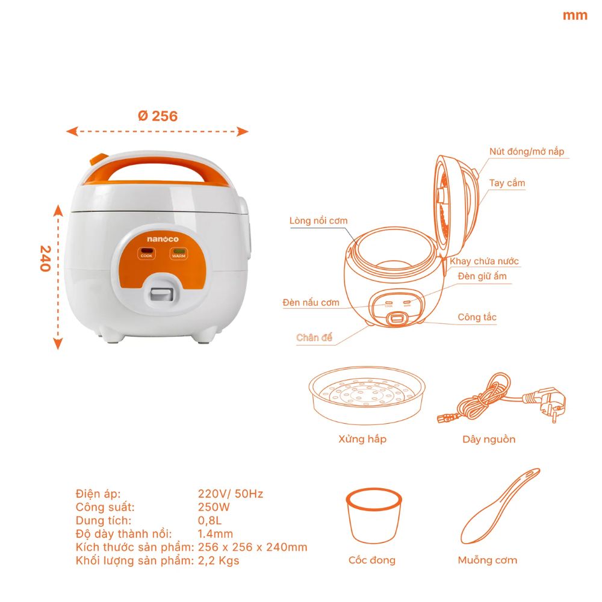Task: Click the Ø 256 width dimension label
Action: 158,116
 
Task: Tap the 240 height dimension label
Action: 45,258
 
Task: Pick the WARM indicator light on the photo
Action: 178,252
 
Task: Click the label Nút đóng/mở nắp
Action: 527,152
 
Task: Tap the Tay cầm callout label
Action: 507,183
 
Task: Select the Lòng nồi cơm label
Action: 318,221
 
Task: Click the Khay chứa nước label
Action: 484,261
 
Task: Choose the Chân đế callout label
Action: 314,338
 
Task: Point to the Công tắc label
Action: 477,317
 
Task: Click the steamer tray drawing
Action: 367,396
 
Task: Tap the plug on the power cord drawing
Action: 545,403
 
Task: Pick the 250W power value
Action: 214,507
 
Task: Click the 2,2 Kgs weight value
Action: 219,560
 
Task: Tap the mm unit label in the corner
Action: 575,16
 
